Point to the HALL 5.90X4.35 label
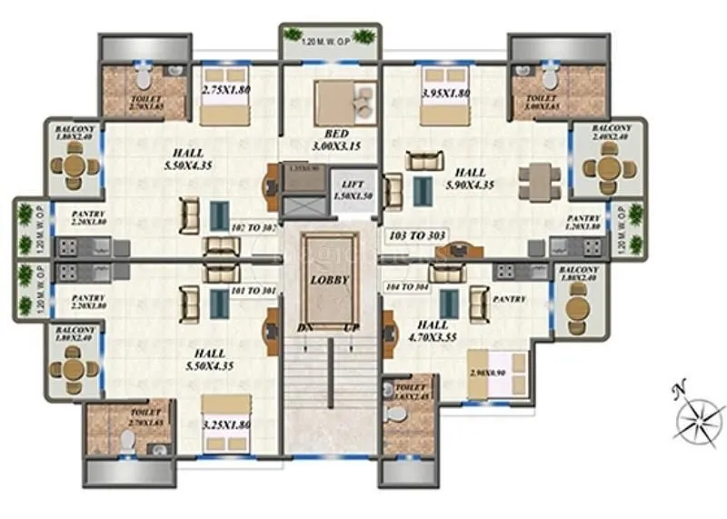(x=471, y=178)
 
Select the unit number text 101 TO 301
(x=254, y=292)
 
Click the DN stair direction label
(x=304, y=326)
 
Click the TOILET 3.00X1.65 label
(x=542, y=102)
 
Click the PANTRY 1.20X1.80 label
(x=582, y=223)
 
